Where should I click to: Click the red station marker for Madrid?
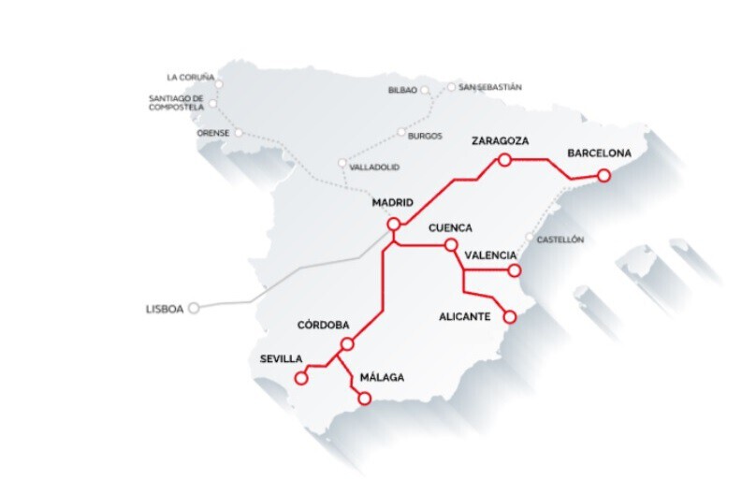tap(394, 224)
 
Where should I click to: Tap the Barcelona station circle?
tap(604, 175)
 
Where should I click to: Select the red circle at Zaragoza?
tap(504, 160)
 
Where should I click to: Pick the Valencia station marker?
tap(514, 270)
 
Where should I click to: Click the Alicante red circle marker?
tap(510, 317)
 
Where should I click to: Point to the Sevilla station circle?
tap(301, 379)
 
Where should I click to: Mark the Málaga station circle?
tap(365, 400)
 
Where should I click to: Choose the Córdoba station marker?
tap(347, 344)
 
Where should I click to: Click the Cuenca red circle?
tap(451, 245)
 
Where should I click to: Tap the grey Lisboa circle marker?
tap(194, 307)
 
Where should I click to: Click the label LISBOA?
tap(165, 308)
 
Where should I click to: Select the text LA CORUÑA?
tap(190, 77)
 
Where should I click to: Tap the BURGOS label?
tap(425, 136)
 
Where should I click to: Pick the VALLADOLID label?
tap(373, 167)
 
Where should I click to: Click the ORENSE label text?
tap(212, 133)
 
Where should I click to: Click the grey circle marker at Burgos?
tap(401, 133)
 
